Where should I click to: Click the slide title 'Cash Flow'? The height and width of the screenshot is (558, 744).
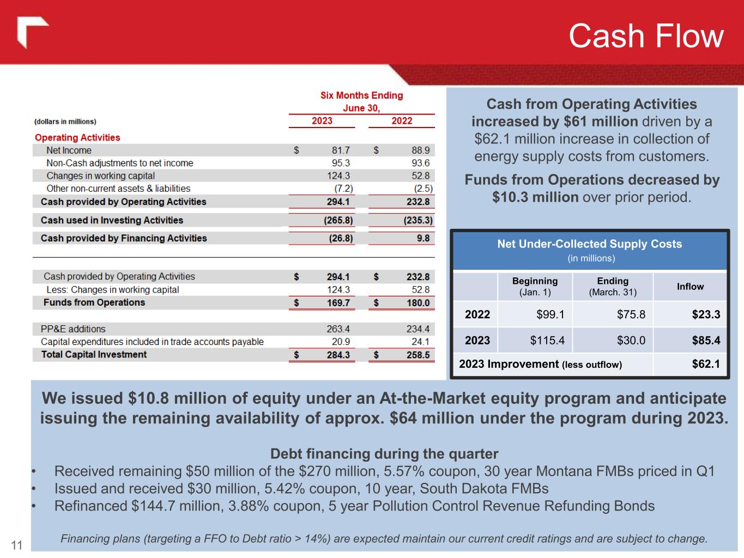coord(646,37)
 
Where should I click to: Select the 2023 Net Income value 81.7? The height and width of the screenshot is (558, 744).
coord(341,150)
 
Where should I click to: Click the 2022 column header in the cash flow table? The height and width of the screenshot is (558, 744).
coord(402,121)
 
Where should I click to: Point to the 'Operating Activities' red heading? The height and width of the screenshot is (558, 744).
coord(77,138)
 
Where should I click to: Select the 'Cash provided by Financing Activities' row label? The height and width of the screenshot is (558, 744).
coord(124,238)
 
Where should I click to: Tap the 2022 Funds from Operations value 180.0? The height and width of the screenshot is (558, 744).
coord(418,303)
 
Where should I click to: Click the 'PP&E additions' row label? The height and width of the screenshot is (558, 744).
coord(73,329)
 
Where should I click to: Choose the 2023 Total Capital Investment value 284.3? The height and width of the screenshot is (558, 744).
coord(338,355)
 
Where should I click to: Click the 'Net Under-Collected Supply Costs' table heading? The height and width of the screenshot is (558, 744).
coord(589,244)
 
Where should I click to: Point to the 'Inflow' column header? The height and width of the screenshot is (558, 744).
coord(690,287)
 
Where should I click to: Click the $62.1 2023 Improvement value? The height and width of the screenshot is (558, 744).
coord(706,364)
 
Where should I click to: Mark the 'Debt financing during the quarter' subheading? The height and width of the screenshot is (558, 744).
coord(384,454)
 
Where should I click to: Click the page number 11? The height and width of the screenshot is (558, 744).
coord(17,545)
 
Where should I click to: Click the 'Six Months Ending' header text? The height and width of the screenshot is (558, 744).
coord(361,95)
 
